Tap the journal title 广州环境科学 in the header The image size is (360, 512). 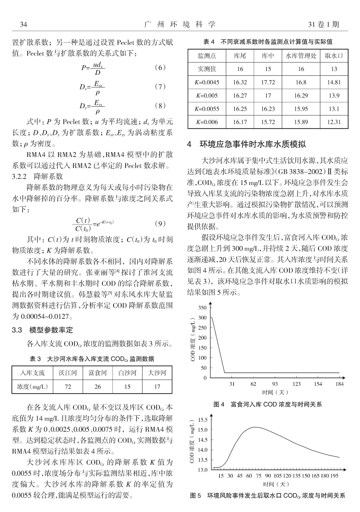(x=180, y=24)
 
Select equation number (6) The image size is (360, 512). (x=162, y=68)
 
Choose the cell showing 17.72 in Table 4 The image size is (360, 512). (x=267, y=82)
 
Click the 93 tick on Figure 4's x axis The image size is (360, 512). (x=275, y=384)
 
